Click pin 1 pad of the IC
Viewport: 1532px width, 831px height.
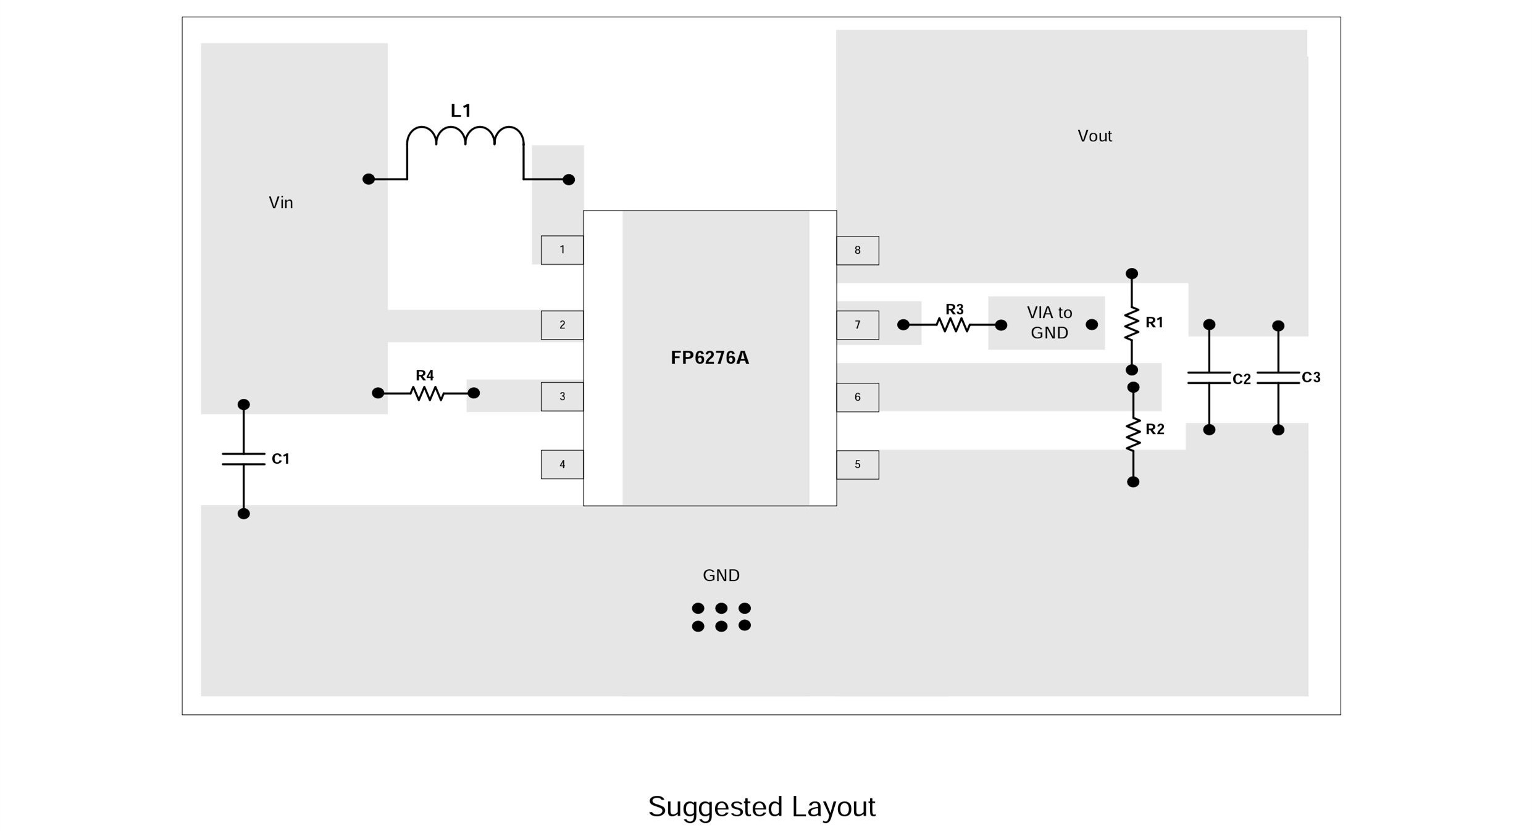pos(562,250)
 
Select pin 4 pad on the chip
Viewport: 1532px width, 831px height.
pos(562,464)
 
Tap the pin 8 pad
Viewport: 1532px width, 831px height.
pos(857,250)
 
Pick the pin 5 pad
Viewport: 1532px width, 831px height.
pos(857,464)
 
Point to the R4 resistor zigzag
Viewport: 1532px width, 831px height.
pos(427,393)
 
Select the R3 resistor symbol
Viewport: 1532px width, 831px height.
pos(952,325)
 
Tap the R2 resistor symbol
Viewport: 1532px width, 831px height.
pos(1132,434)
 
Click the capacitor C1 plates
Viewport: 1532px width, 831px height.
pos(243,459)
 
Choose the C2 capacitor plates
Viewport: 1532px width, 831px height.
pos(1209,378)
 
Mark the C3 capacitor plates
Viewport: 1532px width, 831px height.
pos(1278,377)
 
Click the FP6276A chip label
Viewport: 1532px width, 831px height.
pos(709,358)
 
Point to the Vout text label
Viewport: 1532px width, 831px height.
pos(1094,136)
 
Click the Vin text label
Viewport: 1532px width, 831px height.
pos(280,203)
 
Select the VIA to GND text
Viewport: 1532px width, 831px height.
pos(1049,322)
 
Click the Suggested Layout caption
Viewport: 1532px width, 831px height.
pos(761,807)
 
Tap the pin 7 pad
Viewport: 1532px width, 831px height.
pos(857,325)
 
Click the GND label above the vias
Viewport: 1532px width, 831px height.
pos(721,575)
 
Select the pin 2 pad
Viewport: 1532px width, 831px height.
pos(562,325)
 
